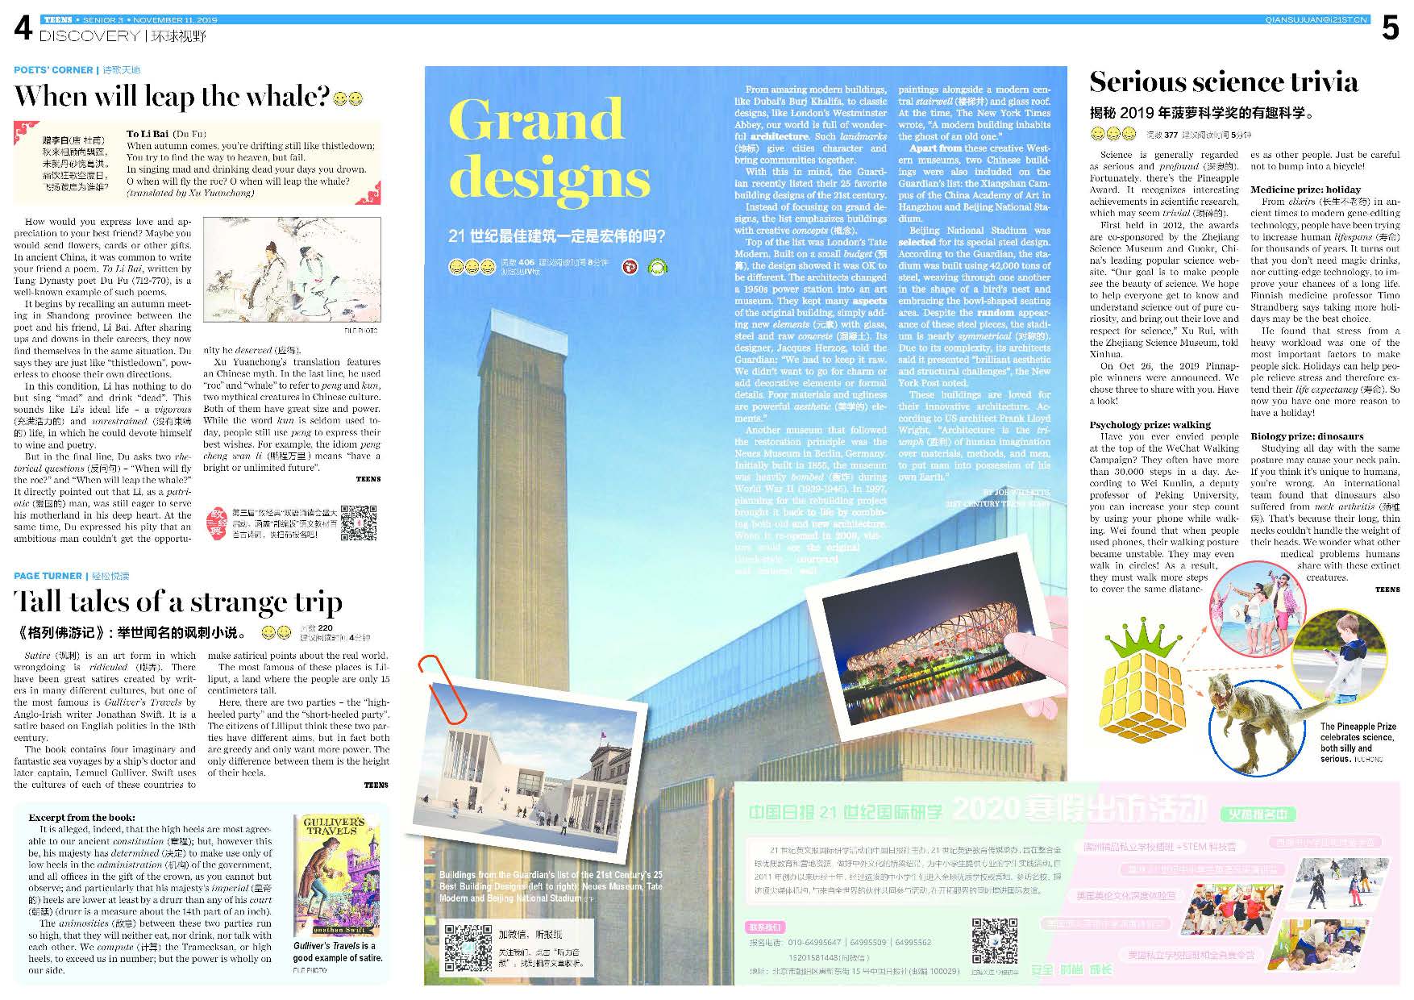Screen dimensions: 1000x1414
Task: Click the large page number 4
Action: click(23, 29)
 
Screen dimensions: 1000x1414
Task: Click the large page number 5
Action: click(1390, 29)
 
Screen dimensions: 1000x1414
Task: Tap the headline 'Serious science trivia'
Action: click(1224, 82)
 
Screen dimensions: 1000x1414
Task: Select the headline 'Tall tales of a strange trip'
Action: click(178, 602)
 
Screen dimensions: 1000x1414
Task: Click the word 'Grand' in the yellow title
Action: click(536, 121)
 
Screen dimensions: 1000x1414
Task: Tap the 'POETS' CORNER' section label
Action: click(53, 70)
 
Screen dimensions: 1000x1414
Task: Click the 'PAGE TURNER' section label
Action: click(48, 576)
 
